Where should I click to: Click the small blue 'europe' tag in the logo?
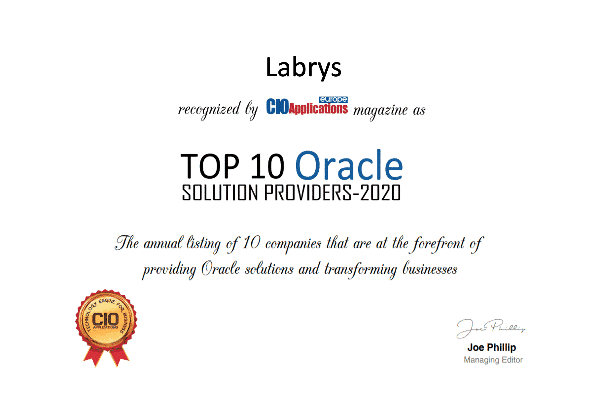click(x=333, y=99)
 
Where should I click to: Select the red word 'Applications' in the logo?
click(x=318, y=108)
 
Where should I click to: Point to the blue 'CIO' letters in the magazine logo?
click(x=277, y=107)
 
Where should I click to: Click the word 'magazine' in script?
click(x=381, y=111)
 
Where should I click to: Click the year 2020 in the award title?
click(x=380, y=193)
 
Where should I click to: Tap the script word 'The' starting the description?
click(x=127, y=242)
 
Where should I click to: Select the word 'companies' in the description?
click(x=293, y=244)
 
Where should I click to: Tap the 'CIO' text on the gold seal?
click(x=106, y=319)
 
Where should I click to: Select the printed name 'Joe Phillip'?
click(x=491, y=347)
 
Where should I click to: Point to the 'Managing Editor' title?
click(x=493, y=360)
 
